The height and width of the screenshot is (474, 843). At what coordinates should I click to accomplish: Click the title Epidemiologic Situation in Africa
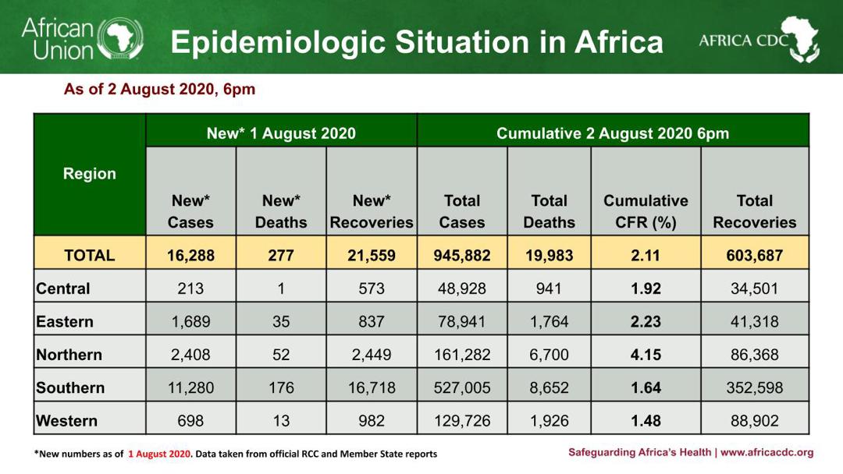tap(417, 42)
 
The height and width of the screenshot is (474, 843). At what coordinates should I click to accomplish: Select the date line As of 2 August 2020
tap(159, 89)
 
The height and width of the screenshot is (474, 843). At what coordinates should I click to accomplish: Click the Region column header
tap(90, 174)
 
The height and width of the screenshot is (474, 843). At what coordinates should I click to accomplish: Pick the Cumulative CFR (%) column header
tap(646, 211)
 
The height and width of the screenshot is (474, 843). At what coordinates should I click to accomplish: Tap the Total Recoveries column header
tap(754, 211)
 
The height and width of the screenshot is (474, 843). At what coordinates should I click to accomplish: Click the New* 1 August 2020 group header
tap(281, 133)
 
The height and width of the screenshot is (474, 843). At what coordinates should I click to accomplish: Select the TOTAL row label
tap(90, 255)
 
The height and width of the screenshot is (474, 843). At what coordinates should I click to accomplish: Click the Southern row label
tap(70, 387)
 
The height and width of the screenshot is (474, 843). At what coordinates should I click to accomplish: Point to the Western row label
tap(67, 421)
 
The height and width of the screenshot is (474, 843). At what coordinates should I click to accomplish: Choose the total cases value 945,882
tap(462, 255)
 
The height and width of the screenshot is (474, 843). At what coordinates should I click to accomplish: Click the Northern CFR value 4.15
tap(646, 355)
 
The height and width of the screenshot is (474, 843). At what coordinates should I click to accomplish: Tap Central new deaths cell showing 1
tap(281, 288)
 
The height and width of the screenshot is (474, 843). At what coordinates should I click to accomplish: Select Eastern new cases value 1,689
tap(190, 321)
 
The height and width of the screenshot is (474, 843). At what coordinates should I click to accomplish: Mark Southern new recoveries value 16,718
tap(372, 387)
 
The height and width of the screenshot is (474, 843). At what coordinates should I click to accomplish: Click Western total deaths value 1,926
tap(549, 421)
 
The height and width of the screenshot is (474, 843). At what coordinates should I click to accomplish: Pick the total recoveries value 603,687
tap(754, 255)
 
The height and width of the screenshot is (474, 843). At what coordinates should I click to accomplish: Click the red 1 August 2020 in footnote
tap(159, 454)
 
